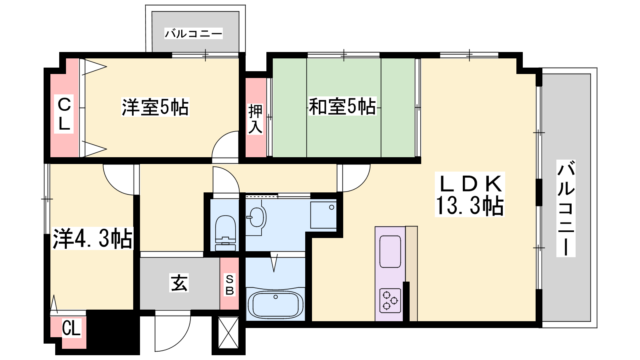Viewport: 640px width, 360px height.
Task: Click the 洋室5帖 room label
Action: (155, 107)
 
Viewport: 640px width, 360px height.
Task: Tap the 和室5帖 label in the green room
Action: (342, 106)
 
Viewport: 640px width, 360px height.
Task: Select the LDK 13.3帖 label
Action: (470, 194)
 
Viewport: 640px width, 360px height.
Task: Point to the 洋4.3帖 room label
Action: (93, 238)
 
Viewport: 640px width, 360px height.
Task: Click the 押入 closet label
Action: (255, 119)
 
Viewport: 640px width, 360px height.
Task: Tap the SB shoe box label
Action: (230, 284)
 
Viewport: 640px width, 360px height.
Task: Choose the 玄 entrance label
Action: (179, 283)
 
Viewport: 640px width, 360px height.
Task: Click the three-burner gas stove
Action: (390, 300)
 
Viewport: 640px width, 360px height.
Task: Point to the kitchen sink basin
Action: (390, 252)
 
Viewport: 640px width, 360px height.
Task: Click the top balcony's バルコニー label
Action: (194, 34)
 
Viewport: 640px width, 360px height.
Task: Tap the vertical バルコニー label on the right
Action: (566, 208)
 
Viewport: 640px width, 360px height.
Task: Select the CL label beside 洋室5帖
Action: (64, 114)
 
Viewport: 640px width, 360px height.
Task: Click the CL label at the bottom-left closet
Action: (71, 328)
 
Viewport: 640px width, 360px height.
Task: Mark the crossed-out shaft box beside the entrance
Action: (228, 332)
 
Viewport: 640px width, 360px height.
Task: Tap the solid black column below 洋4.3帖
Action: (113, 332)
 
